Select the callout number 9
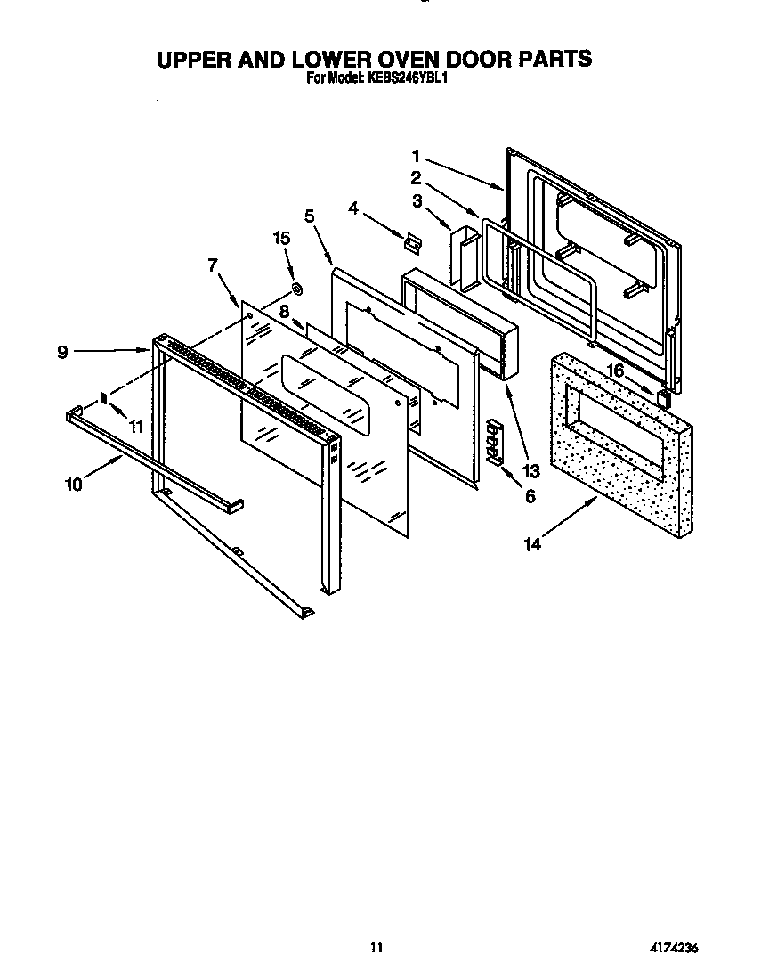(62, 352)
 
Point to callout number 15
(282, 238)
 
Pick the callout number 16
(615, 371)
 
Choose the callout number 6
(530, 496)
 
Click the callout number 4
(353, 208)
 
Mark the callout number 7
(212, 265)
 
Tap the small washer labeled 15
(297, 289)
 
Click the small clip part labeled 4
(412, 240)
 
